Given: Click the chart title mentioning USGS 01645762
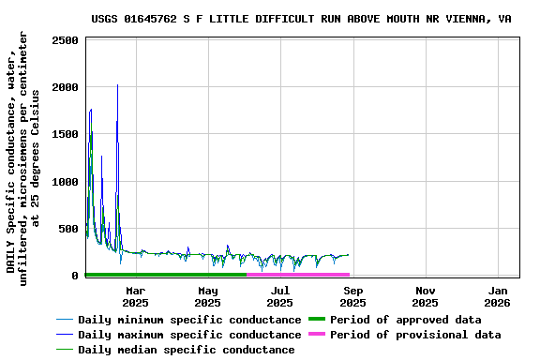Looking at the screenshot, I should point(314,19).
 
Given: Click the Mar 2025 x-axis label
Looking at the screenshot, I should point(135,296).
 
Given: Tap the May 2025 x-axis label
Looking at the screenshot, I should point(207,296).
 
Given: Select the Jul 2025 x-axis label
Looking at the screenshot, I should point(279,296).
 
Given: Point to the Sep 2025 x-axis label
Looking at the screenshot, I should point(352,296).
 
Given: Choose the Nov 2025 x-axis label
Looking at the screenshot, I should point(425,296).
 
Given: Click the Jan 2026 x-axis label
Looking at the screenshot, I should point(498,296).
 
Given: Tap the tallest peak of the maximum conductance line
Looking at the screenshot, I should point(117,85).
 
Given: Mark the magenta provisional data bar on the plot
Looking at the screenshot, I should point(298,275).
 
